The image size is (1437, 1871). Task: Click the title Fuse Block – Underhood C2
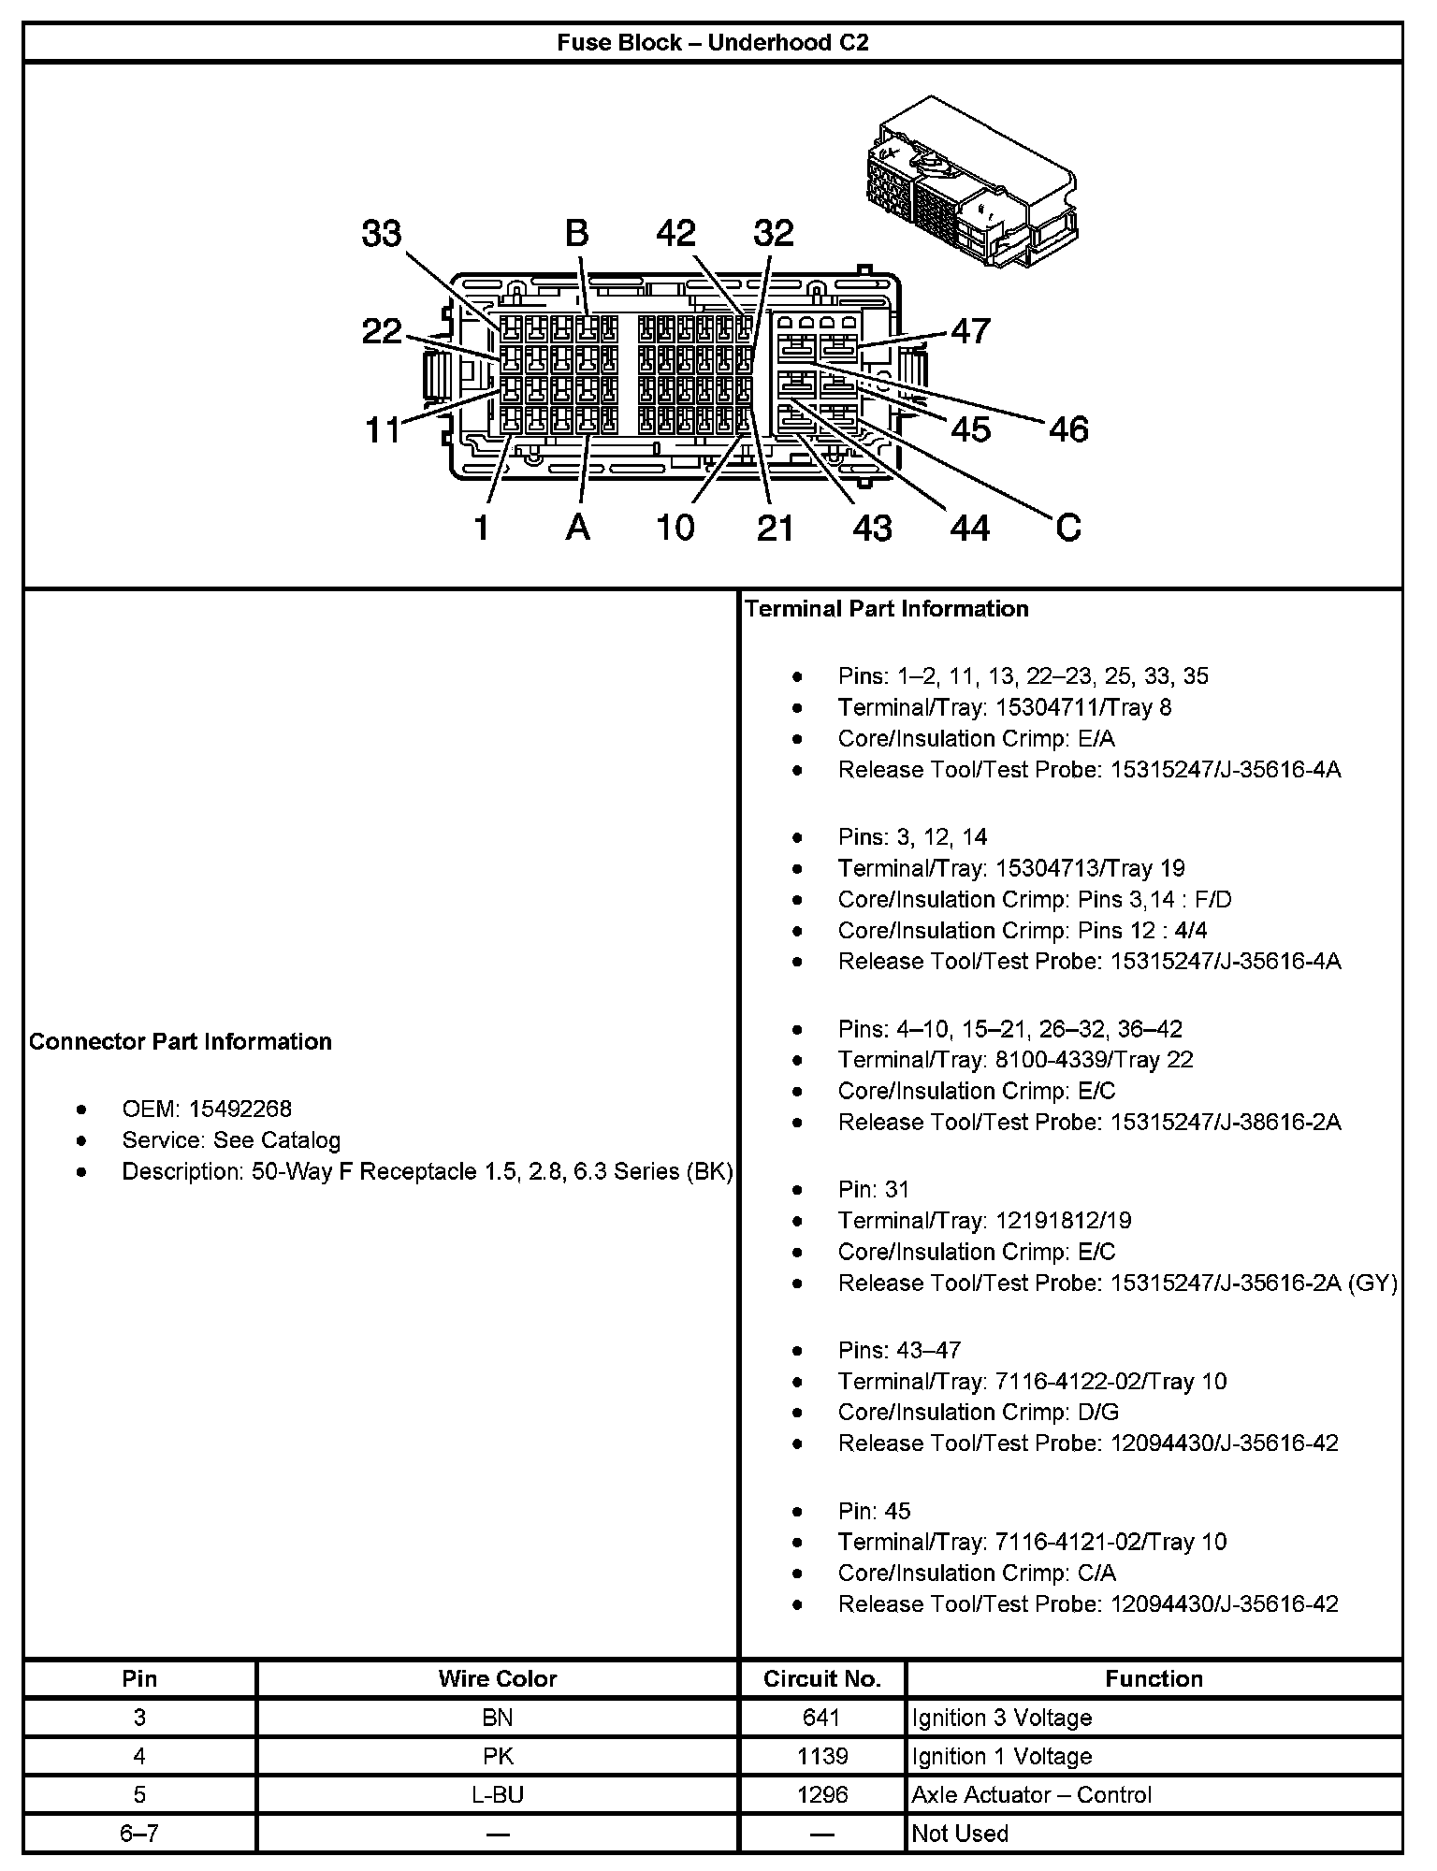pyautogui.click(x=712, y=43)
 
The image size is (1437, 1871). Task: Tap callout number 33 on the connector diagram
pyautogui.click(x=382, y=234)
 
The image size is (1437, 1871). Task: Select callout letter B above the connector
pyautogui.click(x=577, y=234)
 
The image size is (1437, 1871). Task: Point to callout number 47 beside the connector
pyautogui.click(x=970, y=331)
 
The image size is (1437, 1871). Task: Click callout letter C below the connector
pyautogui.click(x=1067, y=529)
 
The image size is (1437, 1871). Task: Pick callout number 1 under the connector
pyautogui.click(x=481, y=529)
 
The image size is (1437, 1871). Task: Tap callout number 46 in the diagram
pyautogui.click(x=1068, y=429)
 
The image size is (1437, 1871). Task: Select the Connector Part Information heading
pyautogui.click(x=181, y=1042)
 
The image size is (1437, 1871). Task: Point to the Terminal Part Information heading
pyautogui.click(x=887, y=609)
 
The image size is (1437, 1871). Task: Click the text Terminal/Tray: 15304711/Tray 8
pyautogui.click(x=1004, y=707)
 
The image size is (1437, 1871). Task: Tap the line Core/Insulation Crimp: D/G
pyautogui.click(x=978, y=1413)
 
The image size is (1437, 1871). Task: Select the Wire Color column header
pyautogui.click(x=497, y=1679)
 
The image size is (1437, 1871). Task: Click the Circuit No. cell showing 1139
pyautogui.click(x=822, y=1757)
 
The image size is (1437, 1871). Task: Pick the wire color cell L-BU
pyautogui.click(x=497, y=1795)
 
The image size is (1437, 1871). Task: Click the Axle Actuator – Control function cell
pyautogui.click(x=1031, y=1795)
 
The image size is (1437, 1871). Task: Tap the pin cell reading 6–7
pyautogui.click(x=139, y=1834)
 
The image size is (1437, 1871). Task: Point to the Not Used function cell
pyautogui.click(x=960, y=1834)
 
